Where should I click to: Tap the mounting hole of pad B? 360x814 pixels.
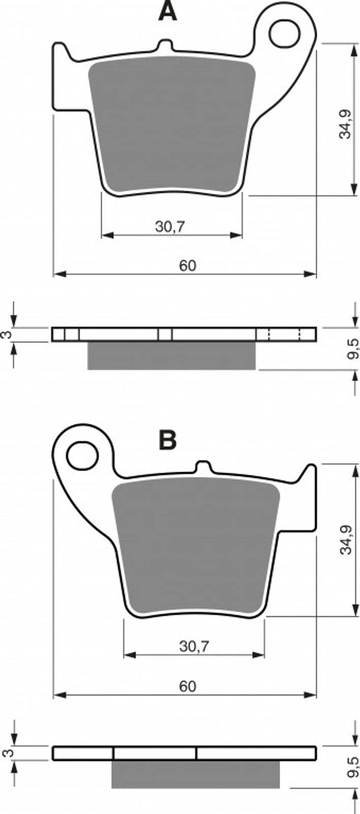(83, 455)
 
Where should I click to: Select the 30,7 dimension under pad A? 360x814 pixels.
(170, 227)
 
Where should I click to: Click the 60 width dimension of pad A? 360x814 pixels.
(188, 266)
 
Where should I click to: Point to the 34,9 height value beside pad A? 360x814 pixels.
(345, 124)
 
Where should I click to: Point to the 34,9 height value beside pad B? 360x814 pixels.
(345, 540)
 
